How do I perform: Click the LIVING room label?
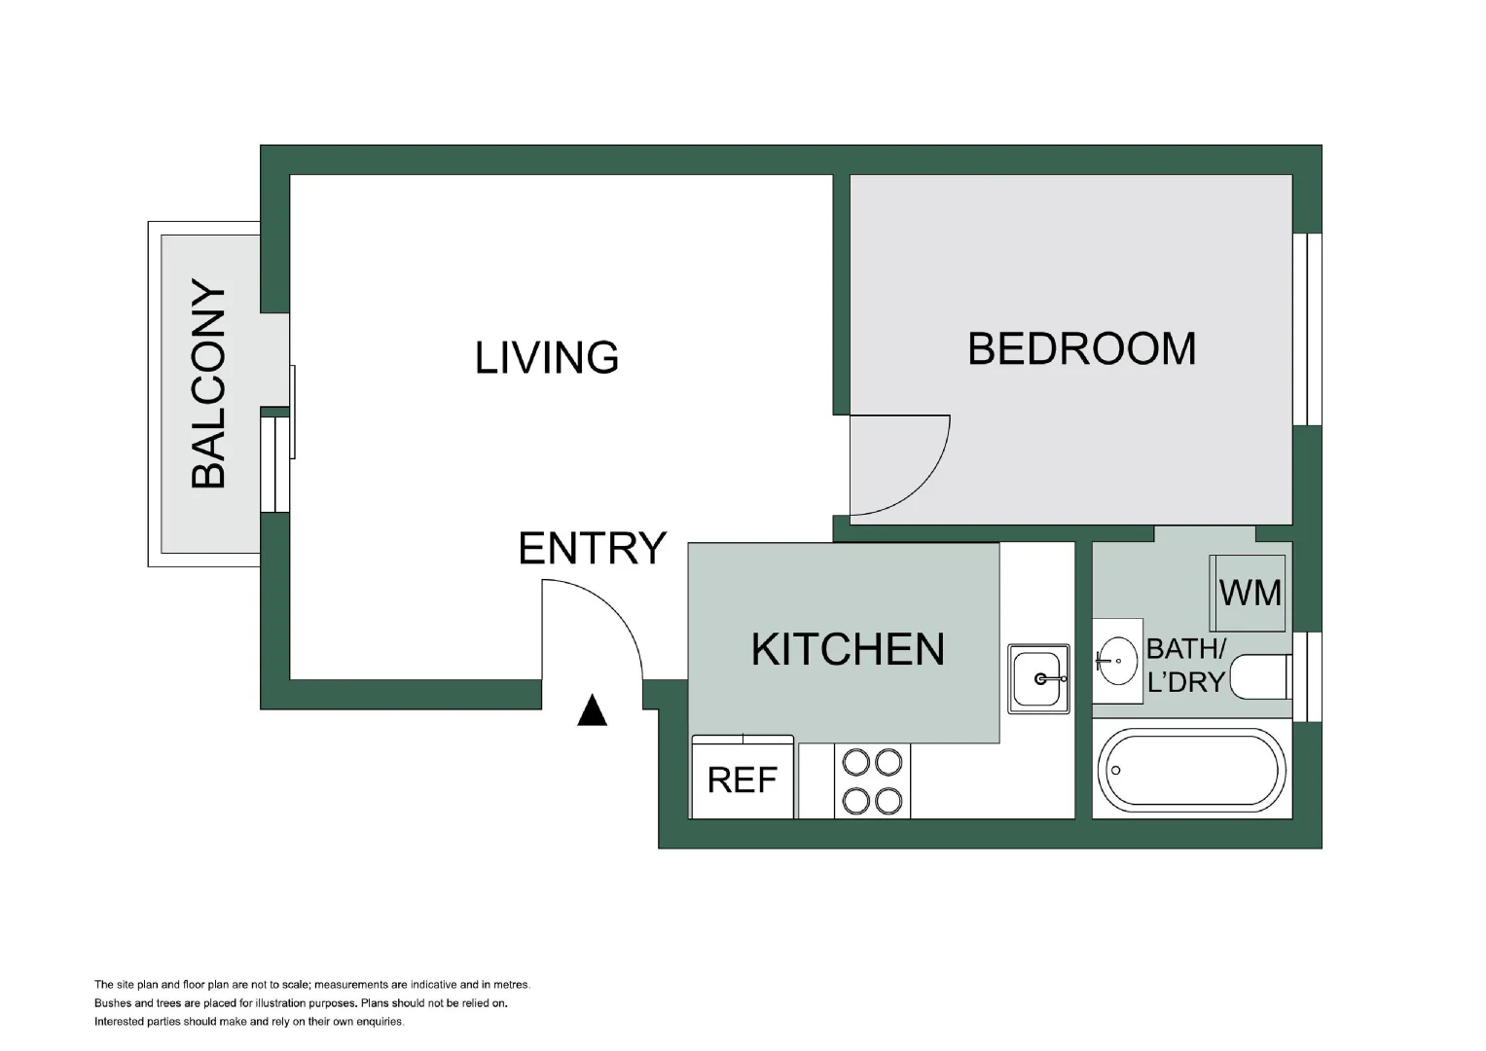coord(547,358)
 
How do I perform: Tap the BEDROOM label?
coord(1082,348)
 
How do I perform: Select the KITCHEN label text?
coord(848,649)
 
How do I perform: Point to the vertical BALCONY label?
coord(208,383)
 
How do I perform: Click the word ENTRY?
coord(592,548)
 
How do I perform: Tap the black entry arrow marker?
coord(592,710)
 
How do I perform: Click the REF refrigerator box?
coord(743,777)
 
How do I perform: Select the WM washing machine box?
coord(1248,593)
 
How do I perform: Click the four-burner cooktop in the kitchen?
coord(872,780)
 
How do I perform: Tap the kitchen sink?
coord(1038,679)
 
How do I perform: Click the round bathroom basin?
coord(1116,661)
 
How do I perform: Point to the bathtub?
coord(1191,771)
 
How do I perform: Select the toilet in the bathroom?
coord(1260,676)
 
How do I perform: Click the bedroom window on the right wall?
coord(1307,329)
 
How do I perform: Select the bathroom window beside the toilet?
coord(1307,676)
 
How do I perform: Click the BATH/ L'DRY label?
coord(1186,666)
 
